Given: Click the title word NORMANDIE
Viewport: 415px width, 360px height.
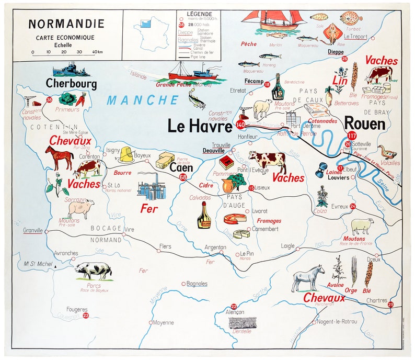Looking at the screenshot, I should click(x=66, y=24).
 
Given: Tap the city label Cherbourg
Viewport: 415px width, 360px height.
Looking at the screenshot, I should click(x=71, y=83).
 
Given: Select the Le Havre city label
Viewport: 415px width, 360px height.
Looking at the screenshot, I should click(x=200, y=126).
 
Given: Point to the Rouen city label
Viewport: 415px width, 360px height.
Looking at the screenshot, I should click(x=364, y=124).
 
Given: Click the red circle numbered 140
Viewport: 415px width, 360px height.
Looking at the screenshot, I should click(x=240, y=125).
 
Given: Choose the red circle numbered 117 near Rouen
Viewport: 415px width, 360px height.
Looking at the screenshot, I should click(x=350, y=136).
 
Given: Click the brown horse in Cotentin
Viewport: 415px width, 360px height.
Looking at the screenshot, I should click(x=59, y=157).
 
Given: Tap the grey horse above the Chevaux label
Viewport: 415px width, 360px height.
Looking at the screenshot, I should click(x=308, y=277).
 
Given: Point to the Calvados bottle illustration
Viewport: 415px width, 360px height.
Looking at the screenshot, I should click(x=204, y=215).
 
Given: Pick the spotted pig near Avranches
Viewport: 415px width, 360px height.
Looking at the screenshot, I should click(x=93, y=271).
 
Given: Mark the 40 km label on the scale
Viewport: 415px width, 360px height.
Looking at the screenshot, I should click(x=97, y=52).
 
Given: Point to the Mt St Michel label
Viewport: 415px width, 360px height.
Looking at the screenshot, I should click(x=37, y=264).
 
